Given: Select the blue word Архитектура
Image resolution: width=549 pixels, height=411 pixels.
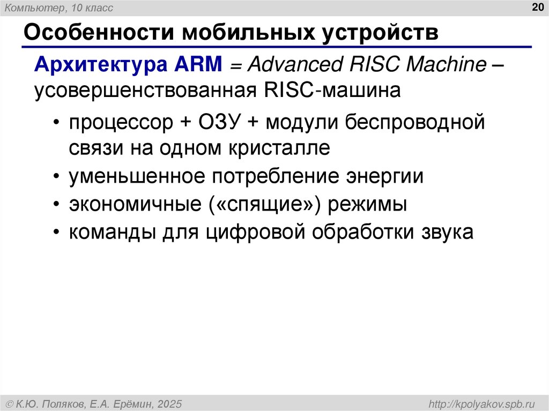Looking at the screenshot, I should [100, 65].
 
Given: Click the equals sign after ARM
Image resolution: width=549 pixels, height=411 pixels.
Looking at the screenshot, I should [237, 66].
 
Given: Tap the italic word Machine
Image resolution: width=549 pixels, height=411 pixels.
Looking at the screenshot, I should [446, 65].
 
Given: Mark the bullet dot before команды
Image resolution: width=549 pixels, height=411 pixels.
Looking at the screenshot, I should [57, 233].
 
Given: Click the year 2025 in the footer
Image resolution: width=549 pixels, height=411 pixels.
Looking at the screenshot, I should [170, 403].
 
